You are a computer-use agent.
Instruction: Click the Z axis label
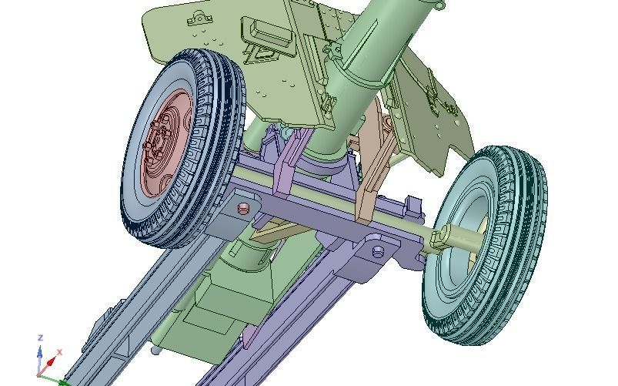click(x=39, y=337)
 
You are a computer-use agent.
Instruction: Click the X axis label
click(x=59, y=352)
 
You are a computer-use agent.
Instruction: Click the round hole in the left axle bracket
click(x=244, y=208)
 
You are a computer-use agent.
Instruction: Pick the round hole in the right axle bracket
click(x=378, y=252)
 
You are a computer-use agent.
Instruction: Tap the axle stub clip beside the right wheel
click(x=439, y=240)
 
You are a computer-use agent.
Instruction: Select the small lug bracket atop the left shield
click(x=199, y=18)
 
